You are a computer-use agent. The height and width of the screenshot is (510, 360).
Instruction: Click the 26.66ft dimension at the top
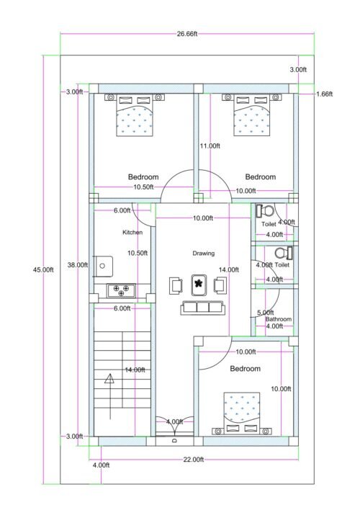tap(186, 33)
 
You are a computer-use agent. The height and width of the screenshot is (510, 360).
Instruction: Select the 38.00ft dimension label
tap(77, 264)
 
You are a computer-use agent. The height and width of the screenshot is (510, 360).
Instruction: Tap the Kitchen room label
tap(132, 233)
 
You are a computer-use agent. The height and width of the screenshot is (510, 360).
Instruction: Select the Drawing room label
tap(203, 254)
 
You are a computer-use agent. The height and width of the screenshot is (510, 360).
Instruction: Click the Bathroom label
tap(279, 319)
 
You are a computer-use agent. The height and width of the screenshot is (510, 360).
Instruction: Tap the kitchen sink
tap(102, 267)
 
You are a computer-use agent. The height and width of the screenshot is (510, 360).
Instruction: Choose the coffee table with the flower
tap(198, 285)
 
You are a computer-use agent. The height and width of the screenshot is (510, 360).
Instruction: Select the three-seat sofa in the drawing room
tap(202, 308)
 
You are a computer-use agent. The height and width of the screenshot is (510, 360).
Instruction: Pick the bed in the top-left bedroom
tap(135, 116)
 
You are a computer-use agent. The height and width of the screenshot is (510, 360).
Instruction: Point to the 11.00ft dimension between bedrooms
tap(210, 146)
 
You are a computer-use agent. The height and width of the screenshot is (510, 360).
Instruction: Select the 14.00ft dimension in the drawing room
tap(228, 269)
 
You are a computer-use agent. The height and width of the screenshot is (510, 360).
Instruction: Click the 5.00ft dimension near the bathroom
tap(265, 313)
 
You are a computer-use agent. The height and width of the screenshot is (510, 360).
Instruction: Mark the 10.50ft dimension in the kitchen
tap(138, 253)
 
